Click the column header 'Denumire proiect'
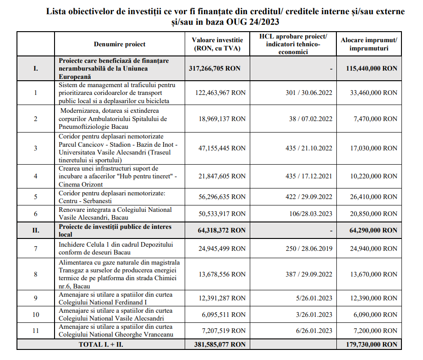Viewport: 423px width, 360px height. coord(119,44)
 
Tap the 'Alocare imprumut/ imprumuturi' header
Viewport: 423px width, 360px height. coord(368,44)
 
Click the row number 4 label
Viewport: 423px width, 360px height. coord(36,176)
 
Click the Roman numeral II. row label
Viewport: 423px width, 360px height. coord(36,230)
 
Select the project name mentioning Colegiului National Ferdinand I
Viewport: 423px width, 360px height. coord(115,298)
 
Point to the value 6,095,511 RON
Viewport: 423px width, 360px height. coord(222,315)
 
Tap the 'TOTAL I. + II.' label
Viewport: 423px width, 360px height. coord(100,344)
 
